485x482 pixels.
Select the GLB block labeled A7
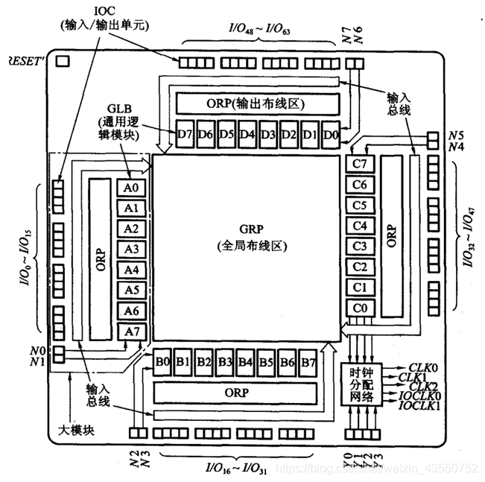(131, 331)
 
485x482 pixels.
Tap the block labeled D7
(186, 135)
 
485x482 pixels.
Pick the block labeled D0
(332, 135)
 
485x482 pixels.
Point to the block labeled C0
(359, 308)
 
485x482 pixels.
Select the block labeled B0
(163, 363)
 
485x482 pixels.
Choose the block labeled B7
(308, 363)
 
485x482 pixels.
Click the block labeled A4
(131, 270)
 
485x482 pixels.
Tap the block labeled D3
(269, 135)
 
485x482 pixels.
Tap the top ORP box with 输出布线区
(256, 103)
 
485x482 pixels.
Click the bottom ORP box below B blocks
(235, 392)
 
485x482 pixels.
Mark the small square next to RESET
(63, 60)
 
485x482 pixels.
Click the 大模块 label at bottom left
(75, 430)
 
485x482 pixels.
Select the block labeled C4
(359, 226)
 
